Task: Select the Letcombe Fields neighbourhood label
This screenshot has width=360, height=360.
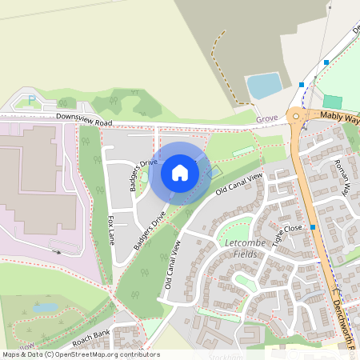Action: pos(239,248)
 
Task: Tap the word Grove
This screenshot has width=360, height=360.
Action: pos(266,118)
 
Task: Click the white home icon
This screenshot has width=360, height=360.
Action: pos(180,173)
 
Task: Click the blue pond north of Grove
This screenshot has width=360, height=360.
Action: pos(264,85)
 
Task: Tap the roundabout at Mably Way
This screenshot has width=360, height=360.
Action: pos(297,117)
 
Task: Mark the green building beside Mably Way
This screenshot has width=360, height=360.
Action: pos(332,102)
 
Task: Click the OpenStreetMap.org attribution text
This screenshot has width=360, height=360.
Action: pos(107,354)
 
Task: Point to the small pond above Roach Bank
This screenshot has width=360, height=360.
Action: pos(46,307)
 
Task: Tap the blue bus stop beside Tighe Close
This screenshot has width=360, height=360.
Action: pos(313,227)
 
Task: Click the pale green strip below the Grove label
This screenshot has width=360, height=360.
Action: pos(242,152)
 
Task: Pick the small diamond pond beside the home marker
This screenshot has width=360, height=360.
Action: pos(214,171)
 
